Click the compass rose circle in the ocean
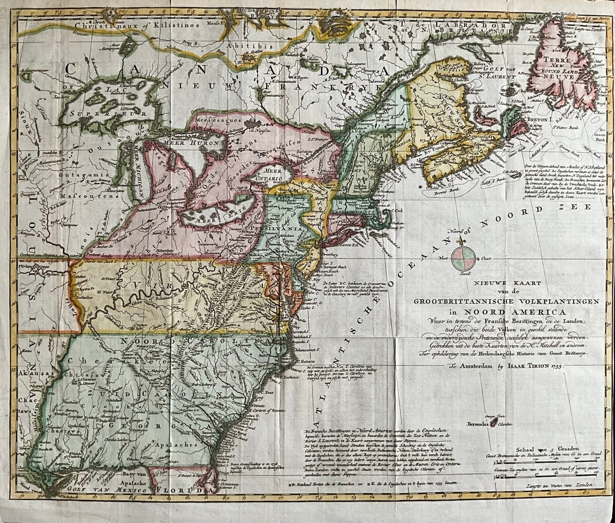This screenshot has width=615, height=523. coord(463,258)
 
